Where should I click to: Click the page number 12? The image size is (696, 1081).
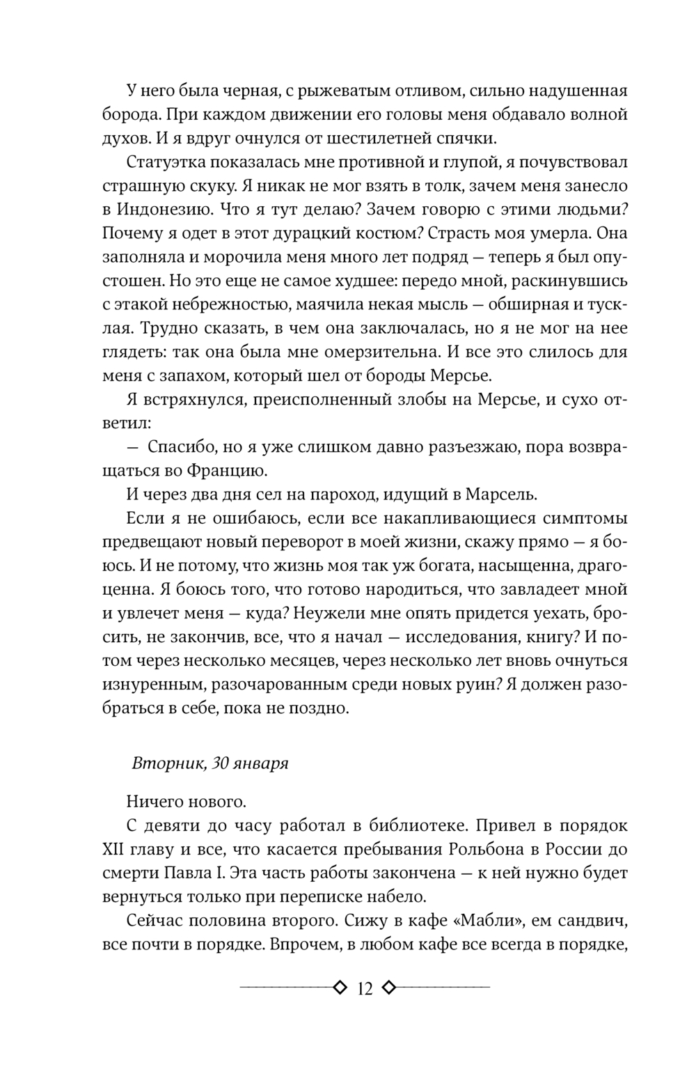click(x=364, y=988)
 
